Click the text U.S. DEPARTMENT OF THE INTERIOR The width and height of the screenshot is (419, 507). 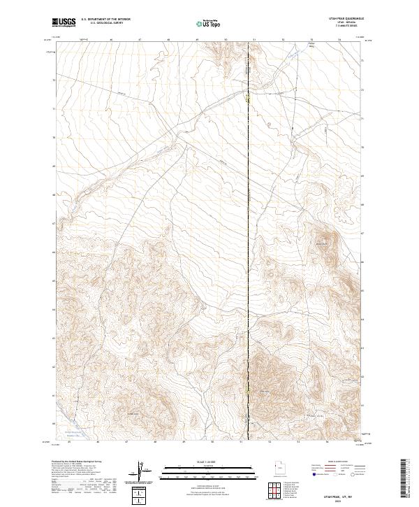pyautogui.click(x=106, y=19)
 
